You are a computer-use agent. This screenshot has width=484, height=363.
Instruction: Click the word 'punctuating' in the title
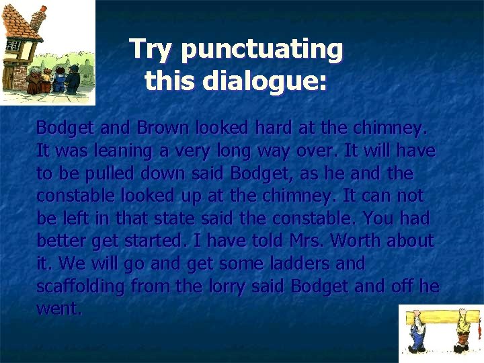pyautogui.click(x=262, y=50)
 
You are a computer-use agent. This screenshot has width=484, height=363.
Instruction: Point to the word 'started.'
pyautogui.click(x=155, y=241)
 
